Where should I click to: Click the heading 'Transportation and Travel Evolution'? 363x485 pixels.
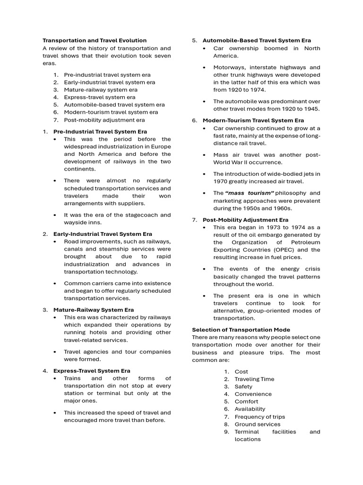point(95,40)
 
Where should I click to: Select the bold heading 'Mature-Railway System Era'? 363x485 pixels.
point(94,310)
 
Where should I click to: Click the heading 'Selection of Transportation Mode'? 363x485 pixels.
point(241,330)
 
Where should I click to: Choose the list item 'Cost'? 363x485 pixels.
point(241,371)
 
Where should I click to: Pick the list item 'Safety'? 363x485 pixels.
point(243,386)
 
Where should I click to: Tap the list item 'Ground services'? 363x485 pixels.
point(257,424)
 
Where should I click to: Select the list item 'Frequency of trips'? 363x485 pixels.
point(259,417)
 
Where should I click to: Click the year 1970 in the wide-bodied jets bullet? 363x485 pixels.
point(222,181)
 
